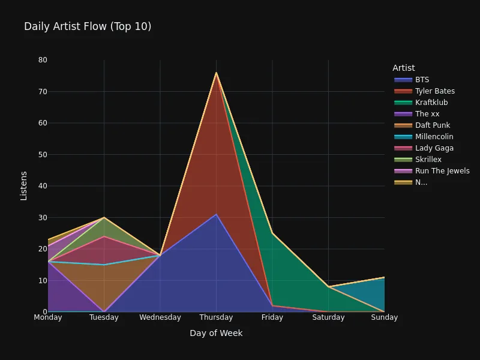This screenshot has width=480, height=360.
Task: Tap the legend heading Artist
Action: coord(403,68)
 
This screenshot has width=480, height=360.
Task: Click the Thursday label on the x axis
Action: coord(216,317)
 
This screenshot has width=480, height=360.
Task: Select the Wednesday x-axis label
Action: coord(160,317)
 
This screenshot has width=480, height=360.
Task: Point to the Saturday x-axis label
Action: coord(328,317)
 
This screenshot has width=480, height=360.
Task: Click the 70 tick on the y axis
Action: coord(43,91)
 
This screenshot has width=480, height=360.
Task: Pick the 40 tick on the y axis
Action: coord(43,186)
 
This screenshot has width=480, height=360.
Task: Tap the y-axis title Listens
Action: coord(23,186)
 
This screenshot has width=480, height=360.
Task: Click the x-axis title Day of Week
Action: coord(216,333)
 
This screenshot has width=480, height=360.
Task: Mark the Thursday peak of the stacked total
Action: coord(216,73)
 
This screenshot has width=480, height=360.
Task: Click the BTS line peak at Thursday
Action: coord(216,214)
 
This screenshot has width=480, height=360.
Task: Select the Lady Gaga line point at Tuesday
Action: coord(104,236)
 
